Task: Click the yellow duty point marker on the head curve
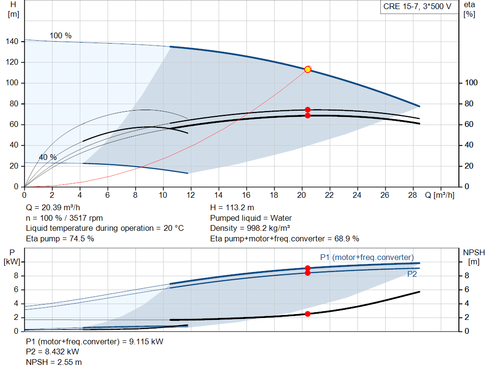point(308,69)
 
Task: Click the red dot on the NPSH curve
point(308,314)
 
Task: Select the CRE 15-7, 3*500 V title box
point(417,7)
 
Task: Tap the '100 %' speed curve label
point(61,35)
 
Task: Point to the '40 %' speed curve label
point(48,157)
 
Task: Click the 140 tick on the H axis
point(12,41)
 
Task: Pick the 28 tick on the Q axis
point(412,195)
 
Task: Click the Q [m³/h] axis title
point(440,195)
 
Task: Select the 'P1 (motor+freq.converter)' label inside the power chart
point(367,257)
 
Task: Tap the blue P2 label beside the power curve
point(412,274)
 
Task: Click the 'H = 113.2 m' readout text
point(232,208)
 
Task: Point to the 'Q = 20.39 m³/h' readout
point(53,208)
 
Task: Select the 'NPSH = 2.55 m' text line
point(54,362)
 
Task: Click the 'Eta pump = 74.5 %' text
point(60,238)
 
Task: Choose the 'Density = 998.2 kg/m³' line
point(250,228)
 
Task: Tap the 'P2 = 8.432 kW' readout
point(53,352)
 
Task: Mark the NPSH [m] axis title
point(474,257)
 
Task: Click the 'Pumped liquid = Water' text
point(251,218)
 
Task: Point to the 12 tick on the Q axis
point(190,195)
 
